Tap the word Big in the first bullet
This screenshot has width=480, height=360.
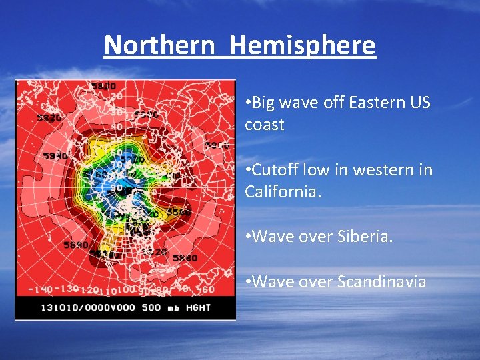click(264, 103)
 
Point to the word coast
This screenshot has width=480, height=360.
click(264, 125)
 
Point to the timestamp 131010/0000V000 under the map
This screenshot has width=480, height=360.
click(87, 308)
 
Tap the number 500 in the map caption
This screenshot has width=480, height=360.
click(152, 308)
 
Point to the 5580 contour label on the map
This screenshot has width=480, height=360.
click(178, 213)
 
